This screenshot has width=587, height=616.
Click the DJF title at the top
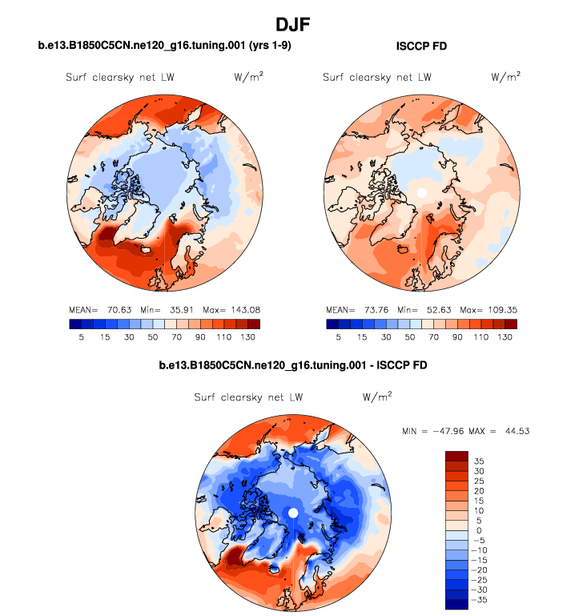(293, 26)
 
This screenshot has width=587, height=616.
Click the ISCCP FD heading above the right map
(421, 46)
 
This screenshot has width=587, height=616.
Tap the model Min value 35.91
(180, 309)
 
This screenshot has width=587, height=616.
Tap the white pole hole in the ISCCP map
(421, 193)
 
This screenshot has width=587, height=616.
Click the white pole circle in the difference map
(293, 512)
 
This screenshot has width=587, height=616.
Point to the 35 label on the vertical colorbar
(477, 461)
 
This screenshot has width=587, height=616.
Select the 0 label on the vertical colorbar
(478, 530)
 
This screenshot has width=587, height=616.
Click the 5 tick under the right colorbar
(339, 337)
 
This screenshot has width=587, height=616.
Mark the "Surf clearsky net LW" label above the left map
(120, 78)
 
